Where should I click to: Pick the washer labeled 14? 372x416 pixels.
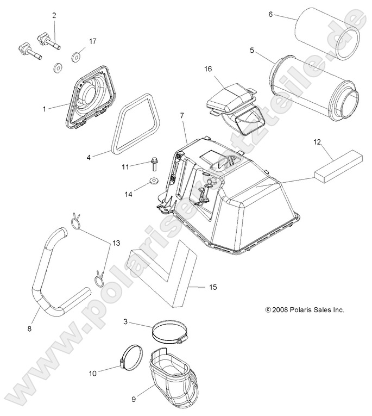click(154, 180)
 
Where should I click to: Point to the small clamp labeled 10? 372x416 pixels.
click(130, 357)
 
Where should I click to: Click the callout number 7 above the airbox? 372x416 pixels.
click(182, 116)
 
